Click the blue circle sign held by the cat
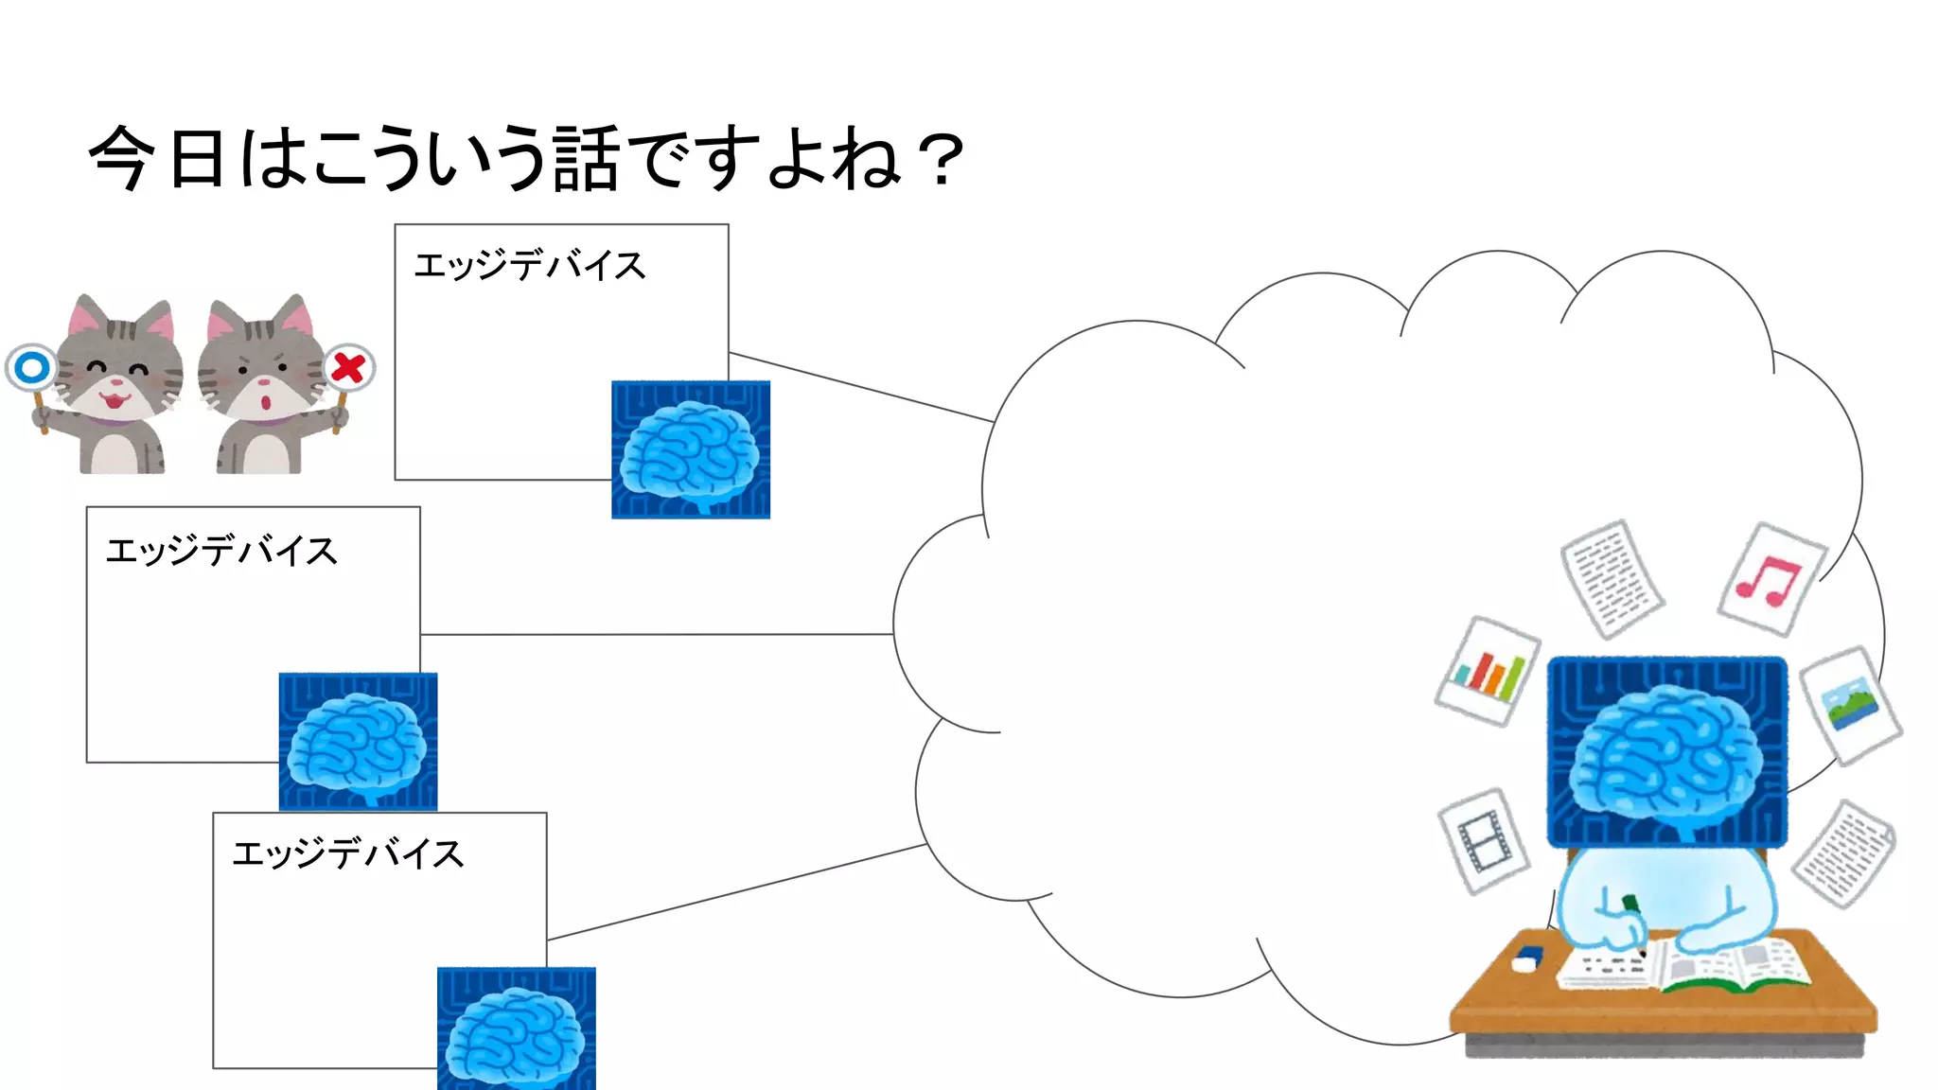(32, 368)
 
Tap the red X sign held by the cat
(349, 367)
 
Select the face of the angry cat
(259, 378)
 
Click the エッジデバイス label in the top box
(529, 266)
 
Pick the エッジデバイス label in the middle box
(220, 551)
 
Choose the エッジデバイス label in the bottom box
(347, 854)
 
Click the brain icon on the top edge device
(690, 450)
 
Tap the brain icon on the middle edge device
(358, 741)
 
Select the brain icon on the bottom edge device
(516, 1031)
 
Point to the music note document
(1770, 578)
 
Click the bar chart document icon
(1487, 671)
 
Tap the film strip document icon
(1483, 841)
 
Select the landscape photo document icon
(1849, 705)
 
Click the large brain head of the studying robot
(1666, 752)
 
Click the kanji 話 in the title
(585, 158)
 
